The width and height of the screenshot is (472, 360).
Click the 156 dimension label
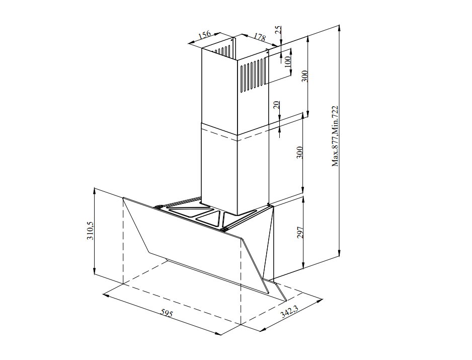pyautogui.click(x=204, y=36)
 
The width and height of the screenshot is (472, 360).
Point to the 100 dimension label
pyautogui.click(x=287, y=62)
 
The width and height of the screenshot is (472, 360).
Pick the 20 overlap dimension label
pyautogui.click(x=276, y=106)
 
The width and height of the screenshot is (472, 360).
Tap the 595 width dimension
pyautogui.click(x=167, y=314)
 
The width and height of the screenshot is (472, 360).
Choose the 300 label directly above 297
pyautogui.click(x=300, y=153)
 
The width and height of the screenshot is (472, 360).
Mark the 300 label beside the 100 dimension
pyautogui.click(x=304, y=76)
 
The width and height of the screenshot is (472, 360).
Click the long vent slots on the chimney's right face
pyautogui.click(x=252, y=76)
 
